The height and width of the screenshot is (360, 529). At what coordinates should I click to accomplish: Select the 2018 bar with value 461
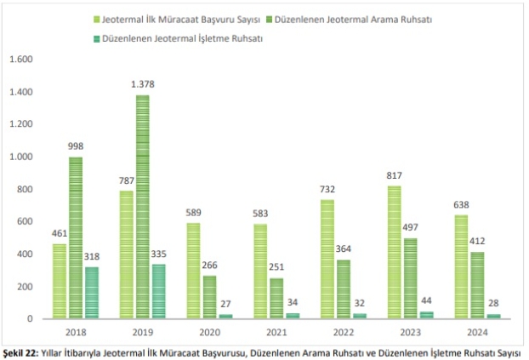(x=60, y=281)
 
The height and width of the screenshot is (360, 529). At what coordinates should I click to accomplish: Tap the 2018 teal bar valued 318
(x=92, y=293)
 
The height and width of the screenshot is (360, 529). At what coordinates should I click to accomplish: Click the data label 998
(x=76, y=147)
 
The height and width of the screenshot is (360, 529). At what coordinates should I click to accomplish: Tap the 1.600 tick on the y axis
(x=20, y=60)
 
